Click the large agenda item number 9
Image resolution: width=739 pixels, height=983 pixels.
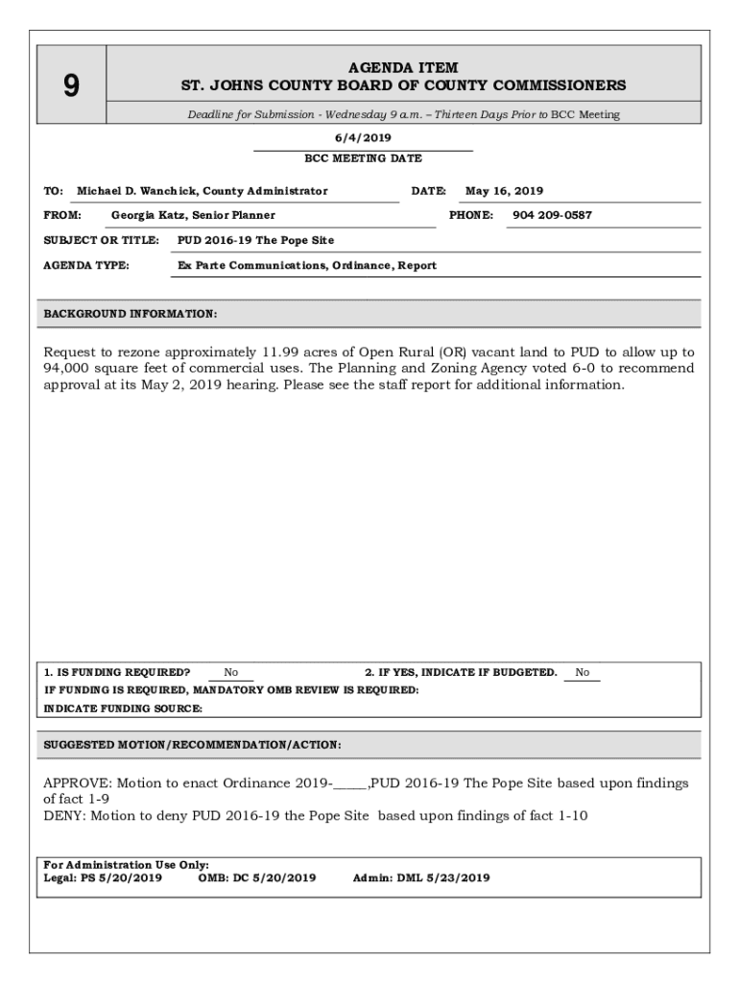click(71, 87)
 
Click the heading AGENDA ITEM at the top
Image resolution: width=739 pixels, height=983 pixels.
click(403, 68)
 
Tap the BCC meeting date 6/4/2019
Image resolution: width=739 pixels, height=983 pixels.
click(363, 138)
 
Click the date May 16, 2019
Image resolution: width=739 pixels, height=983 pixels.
click(504, 191)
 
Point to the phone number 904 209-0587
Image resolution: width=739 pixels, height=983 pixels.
click(552, 215)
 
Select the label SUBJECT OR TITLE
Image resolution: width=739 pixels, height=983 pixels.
click(101, 240)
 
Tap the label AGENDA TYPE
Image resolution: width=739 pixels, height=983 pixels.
click(86, 265)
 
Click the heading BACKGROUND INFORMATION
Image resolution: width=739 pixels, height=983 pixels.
click(131, 314)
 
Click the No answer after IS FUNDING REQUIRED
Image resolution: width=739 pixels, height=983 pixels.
click(231, 673)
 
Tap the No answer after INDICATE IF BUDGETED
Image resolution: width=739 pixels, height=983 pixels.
click(583, 673)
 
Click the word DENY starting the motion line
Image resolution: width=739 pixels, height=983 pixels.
click(62, 816)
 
